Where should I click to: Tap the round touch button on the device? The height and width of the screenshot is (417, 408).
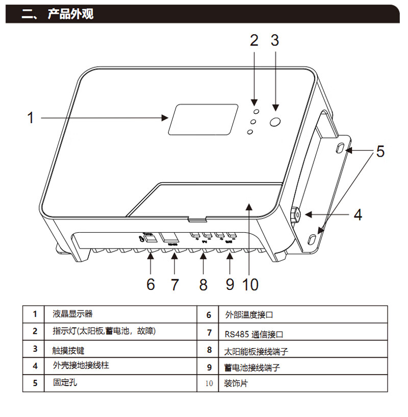click(275, 122)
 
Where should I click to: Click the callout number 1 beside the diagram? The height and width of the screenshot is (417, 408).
click(31, 118)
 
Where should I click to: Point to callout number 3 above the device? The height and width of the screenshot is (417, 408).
click(275, 40)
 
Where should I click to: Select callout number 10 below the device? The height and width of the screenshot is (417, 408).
click(250, 284)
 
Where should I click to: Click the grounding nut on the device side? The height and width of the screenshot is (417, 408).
click(296, 215)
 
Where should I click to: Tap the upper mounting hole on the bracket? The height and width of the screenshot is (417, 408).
click(340, 148)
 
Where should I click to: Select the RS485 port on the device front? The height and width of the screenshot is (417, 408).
click(170, 238)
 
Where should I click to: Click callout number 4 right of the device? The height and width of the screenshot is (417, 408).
click(358, 215)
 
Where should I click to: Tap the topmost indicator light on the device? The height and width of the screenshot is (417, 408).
click(257, 111)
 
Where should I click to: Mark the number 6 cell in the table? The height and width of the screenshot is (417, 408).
click(209, 315)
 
